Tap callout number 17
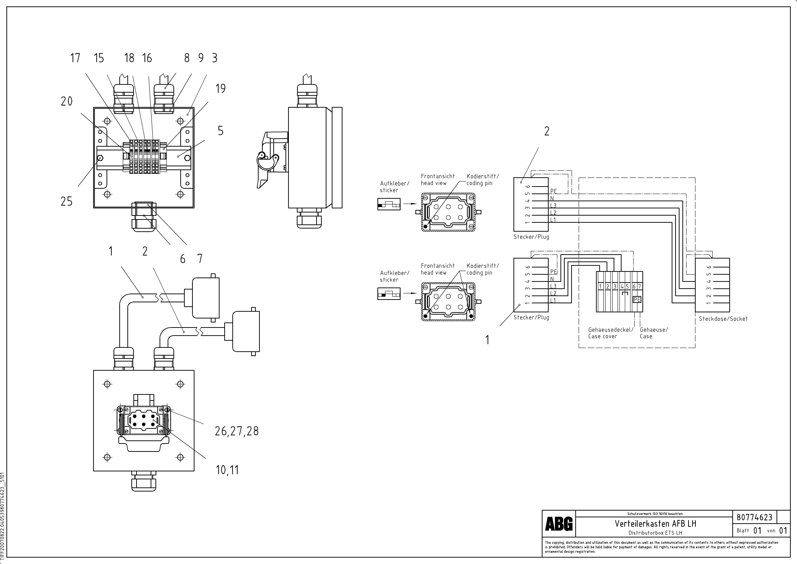tap(75, 58)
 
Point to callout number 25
tap(67, 201)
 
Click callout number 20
tap(67, 101)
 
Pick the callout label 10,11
tap(227, 470)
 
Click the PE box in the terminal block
tap(637, 299)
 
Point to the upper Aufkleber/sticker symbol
tap(389, 204)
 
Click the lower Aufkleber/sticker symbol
tap(389, 294)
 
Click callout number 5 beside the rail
tap(220, 131)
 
